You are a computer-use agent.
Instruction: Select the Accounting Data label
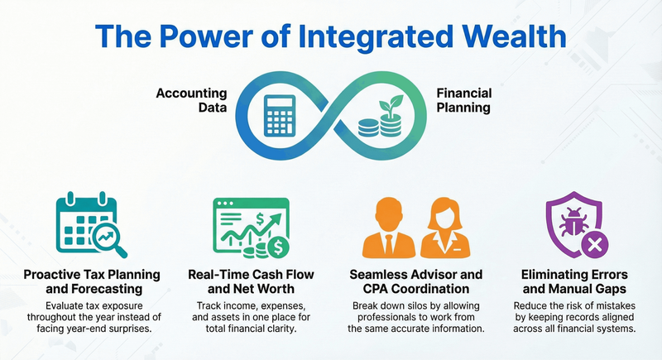tap(191, 102)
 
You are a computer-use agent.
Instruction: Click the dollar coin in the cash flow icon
tap(280, 247)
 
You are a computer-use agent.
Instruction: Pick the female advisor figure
tap(447, 230)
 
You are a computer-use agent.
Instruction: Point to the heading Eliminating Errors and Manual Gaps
tap(574, 281)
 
